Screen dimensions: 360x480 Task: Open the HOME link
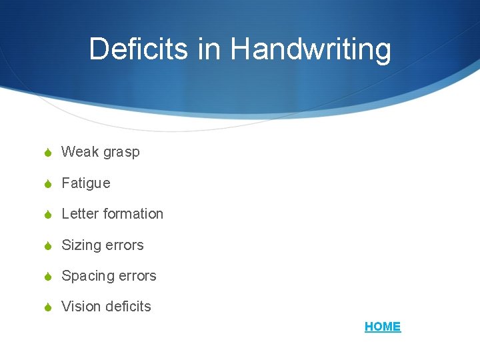point(383,327)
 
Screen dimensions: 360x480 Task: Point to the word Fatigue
point(86,183)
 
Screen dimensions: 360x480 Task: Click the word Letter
point(79,214)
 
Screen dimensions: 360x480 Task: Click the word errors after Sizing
point(125,245)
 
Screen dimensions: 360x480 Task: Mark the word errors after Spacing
point(137,276)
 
